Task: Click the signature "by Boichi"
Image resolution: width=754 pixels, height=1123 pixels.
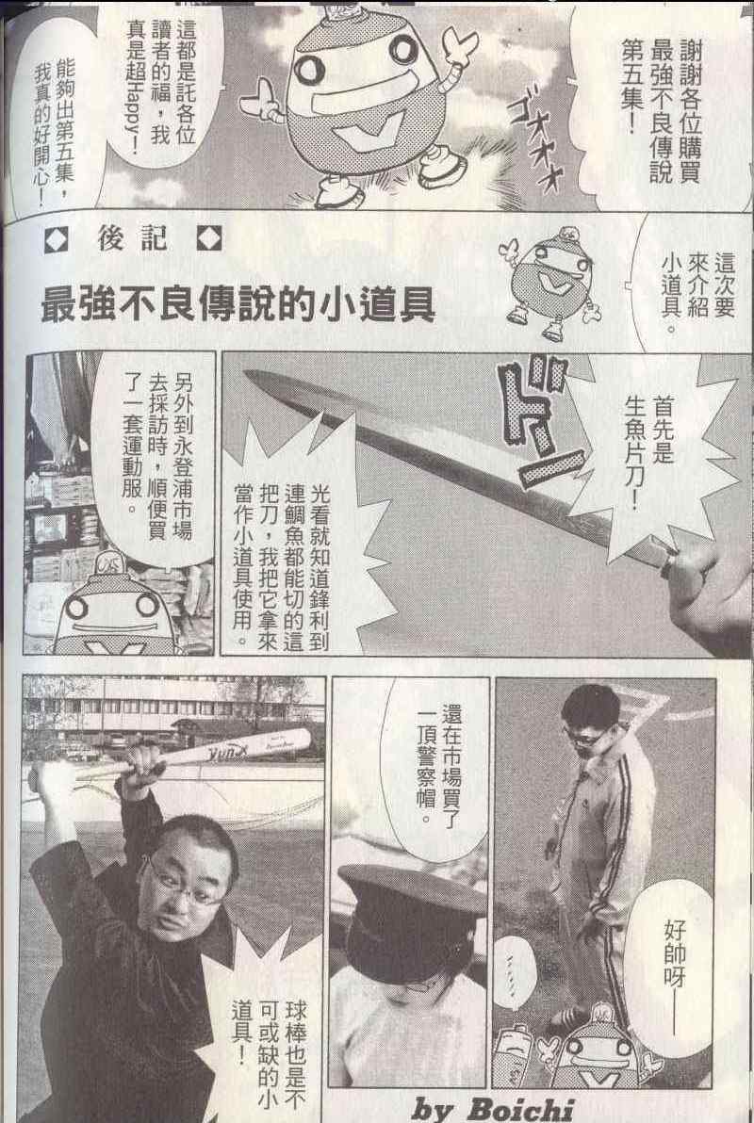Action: point(493,1107)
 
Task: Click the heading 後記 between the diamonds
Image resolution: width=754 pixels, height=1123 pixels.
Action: point(133,238)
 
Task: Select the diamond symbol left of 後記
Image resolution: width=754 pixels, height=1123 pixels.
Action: point(56,240)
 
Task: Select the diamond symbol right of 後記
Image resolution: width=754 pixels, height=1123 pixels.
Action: point(209,238)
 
